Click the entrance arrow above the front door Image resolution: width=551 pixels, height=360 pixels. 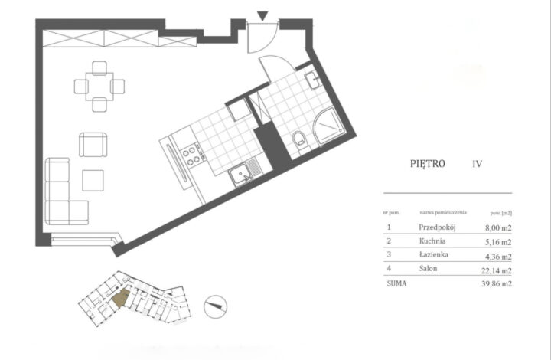click(x=262, y=15)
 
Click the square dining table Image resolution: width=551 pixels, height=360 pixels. click(x=99, y=84)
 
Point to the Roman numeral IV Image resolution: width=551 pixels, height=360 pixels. click(x=478, y=163)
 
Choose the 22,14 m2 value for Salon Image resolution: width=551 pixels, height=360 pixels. click(x=494, y=269)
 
